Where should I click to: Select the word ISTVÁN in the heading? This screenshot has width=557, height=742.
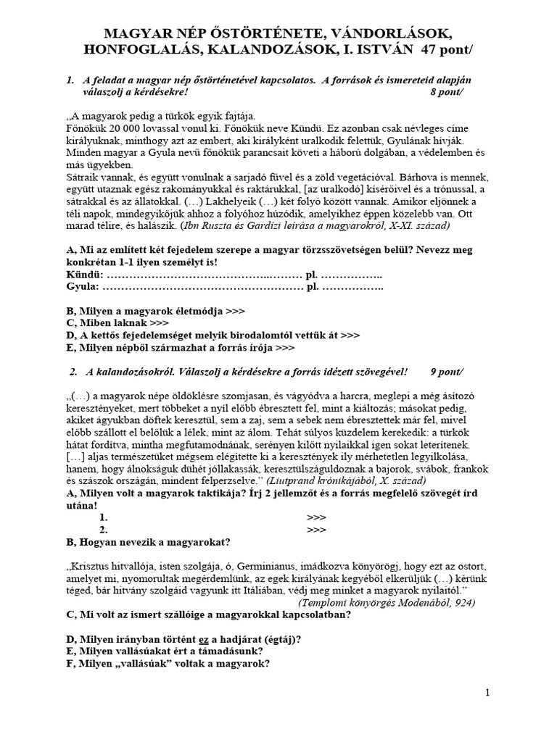click(384, 51)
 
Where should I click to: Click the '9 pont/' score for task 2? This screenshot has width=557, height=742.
click(447, 372)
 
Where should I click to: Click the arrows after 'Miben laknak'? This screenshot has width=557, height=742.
click(159, 323)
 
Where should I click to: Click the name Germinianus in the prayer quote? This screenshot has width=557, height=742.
click(280, 566)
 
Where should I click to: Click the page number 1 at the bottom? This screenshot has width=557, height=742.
click(488, 693)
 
